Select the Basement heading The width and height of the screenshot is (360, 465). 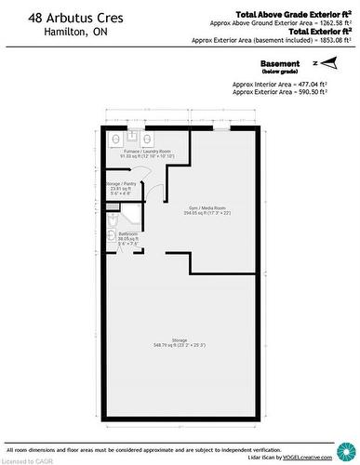(x=279, y=62)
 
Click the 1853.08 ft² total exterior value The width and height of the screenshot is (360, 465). (x=330, y=41)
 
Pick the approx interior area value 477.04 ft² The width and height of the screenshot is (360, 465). (x=330, y=82)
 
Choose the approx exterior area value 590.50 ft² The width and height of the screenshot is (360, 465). (x=330, y=91)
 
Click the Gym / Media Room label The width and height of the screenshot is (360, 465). (x=207, y=208)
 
